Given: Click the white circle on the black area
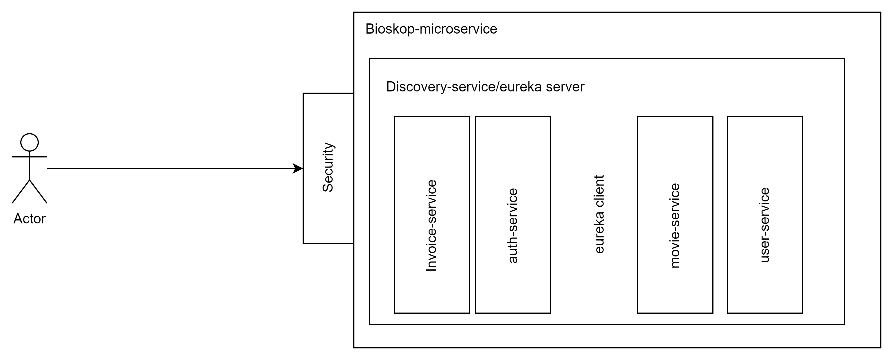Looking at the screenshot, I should click(x=30, y=142).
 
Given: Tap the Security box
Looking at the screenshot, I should click(x=328, y=215).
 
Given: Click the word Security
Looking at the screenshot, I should click(x=328, y=167).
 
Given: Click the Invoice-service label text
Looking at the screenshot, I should click(x=431, y=225).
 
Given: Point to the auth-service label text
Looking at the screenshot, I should click(x=513, y=225).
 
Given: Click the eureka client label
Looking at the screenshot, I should click(x=599, y=214).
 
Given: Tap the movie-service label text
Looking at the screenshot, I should click(x=675, y=225).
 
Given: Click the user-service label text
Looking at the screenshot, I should click(x=765, y=225).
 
